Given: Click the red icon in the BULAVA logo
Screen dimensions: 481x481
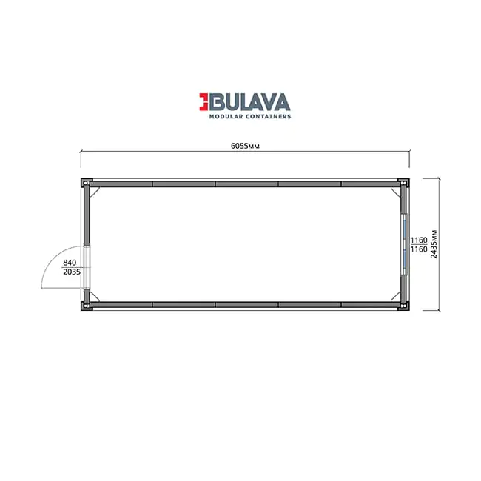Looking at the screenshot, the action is coord(203,101).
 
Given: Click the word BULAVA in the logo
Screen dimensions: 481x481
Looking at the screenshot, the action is coord(249,101).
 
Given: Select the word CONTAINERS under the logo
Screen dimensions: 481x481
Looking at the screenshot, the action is coord(268,117).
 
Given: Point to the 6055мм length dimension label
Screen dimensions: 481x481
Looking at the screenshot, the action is coord(245,146).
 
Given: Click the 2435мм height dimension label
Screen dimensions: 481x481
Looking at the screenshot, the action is coord(434,244).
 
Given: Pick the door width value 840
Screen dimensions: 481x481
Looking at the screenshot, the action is coord(70,263).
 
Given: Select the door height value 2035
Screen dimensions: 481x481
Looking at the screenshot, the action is coord(72,272).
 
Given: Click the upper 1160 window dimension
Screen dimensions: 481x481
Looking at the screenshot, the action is coord(419,240).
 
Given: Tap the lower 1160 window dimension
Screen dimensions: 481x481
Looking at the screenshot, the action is coord(419,249).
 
